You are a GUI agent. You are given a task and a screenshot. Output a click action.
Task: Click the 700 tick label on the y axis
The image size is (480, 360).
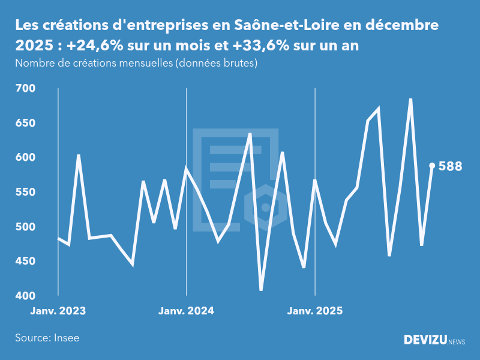(x=25, y=88)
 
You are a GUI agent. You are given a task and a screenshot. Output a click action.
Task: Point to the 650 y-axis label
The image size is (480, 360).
(x=25, y=123)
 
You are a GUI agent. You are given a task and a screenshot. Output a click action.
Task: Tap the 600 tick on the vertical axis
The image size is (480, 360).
(x=25, y=157)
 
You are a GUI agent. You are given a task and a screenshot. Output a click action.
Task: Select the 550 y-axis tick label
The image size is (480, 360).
(x=25, y=192)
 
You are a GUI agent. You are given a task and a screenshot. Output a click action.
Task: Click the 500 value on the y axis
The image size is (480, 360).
(x=25, y=227)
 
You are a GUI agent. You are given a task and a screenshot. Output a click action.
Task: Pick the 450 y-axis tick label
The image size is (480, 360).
(x=25, y=261)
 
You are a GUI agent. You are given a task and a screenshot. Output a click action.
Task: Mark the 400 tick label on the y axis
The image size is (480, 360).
(x=25, y=296)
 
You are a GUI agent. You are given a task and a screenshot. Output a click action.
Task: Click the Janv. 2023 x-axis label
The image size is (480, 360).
(x=58, y=311)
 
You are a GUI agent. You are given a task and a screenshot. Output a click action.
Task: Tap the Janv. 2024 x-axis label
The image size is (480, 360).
(x=186, y=311)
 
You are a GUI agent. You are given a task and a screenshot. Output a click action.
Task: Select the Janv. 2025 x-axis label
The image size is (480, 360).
(x=315, y=311)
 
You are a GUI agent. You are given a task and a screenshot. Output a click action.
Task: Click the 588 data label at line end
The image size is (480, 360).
(x=450, y=166)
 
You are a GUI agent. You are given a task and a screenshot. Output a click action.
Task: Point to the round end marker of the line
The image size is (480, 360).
(x=432, y=166)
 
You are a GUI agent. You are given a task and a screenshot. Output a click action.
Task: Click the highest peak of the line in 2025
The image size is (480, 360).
(x=410, y=100)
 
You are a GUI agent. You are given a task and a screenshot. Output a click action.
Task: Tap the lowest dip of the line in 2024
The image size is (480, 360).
(x=261, y=290)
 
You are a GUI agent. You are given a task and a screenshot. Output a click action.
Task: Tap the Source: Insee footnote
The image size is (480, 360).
(x=47, y=338)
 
